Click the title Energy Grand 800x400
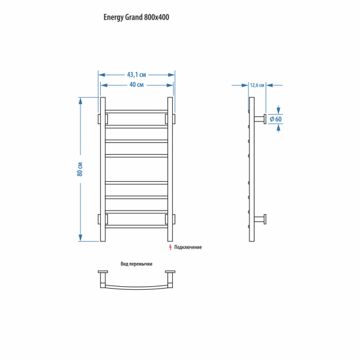(136, 17)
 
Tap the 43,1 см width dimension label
(137, 74)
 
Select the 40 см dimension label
(137, 85)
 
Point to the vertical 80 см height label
(80, 169)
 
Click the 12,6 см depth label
(257, 85)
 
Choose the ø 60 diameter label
(275, 119)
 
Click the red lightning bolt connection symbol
(170, 247)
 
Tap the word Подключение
(188, 247)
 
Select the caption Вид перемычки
(136, 264)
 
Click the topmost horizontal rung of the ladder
(136, 112)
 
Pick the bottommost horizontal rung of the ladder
(136, 226)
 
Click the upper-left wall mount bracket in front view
(103, 119)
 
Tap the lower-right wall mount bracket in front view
(170, 219)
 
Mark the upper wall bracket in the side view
(260, 119)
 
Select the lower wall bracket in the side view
(260, 219)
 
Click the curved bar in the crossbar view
(136, 287)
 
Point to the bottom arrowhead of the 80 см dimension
(80, 238)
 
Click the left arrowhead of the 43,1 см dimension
(102, 75)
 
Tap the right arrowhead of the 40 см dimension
(170, 85)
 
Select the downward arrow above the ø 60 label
(278, 109)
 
